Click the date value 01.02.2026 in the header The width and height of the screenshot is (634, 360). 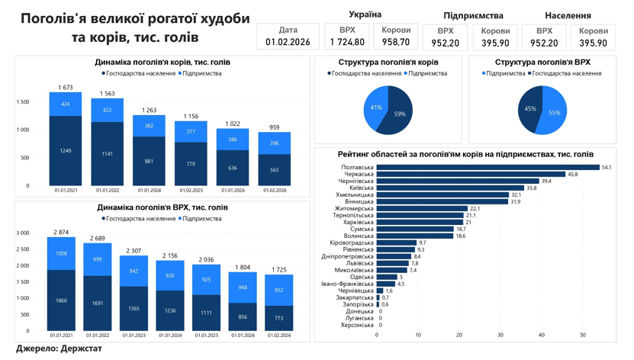(x=288, y=43)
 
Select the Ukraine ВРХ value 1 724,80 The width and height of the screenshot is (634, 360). (x=347, y=43)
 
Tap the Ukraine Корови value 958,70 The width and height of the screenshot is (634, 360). (x=396, y=43)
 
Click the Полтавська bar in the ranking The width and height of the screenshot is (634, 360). (x=488, y=167)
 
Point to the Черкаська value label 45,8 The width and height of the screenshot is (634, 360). (x=572, y=174)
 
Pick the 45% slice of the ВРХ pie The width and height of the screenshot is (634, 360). (x=531, y=109)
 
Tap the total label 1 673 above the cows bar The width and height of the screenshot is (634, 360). (x=66, y=88)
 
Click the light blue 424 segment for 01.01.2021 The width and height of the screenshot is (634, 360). (x=66, y=104)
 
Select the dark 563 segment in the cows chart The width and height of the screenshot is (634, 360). (x=274, y=170)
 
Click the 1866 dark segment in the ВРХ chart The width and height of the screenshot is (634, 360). (x=61, y=301)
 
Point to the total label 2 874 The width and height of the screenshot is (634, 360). (x=61, y=232)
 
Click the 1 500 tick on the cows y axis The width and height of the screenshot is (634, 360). (x=23, y=102)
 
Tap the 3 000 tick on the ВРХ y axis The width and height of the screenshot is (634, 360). (x=23, y=233)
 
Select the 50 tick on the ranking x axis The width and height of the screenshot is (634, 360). (x=583, y=335)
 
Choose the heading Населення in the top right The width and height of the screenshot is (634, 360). (x=568, y=15)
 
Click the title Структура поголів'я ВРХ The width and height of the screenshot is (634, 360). (x=542, y=63)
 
